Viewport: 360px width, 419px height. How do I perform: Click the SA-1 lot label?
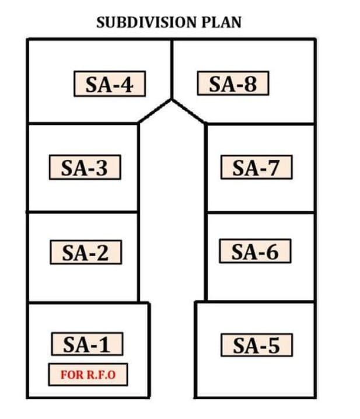[87, 344]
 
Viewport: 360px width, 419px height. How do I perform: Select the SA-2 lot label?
[86, 252]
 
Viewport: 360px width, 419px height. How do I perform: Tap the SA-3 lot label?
[85, 167]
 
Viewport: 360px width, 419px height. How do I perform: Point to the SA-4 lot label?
[110, 83]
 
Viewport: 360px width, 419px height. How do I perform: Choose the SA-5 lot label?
[257, 345]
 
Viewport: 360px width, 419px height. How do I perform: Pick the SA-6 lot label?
[255, 251]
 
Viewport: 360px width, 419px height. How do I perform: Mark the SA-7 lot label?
[257, 167]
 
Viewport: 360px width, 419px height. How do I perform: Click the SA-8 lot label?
[233, 83]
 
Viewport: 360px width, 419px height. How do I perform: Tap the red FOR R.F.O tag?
[88, 375]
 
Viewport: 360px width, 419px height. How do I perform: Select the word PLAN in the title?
[222, 22]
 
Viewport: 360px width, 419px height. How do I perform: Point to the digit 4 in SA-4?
[125, 85]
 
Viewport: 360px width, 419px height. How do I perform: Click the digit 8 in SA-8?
[250, 83]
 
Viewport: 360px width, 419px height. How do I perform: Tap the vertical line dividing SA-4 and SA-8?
[172, 69]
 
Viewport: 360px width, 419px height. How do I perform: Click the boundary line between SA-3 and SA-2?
[82, 212]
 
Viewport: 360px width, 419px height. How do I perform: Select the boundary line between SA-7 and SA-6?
[261, 212]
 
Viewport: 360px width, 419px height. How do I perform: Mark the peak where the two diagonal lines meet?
[172, 100]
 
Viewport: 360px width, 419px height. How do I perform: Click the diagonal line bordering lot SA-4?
[155, 111]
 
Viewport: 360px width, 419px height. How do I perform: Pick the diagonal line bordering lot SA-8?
[188, 111]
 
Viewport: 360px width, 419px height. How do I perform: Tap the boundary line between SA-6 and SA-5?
[255, 302]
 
